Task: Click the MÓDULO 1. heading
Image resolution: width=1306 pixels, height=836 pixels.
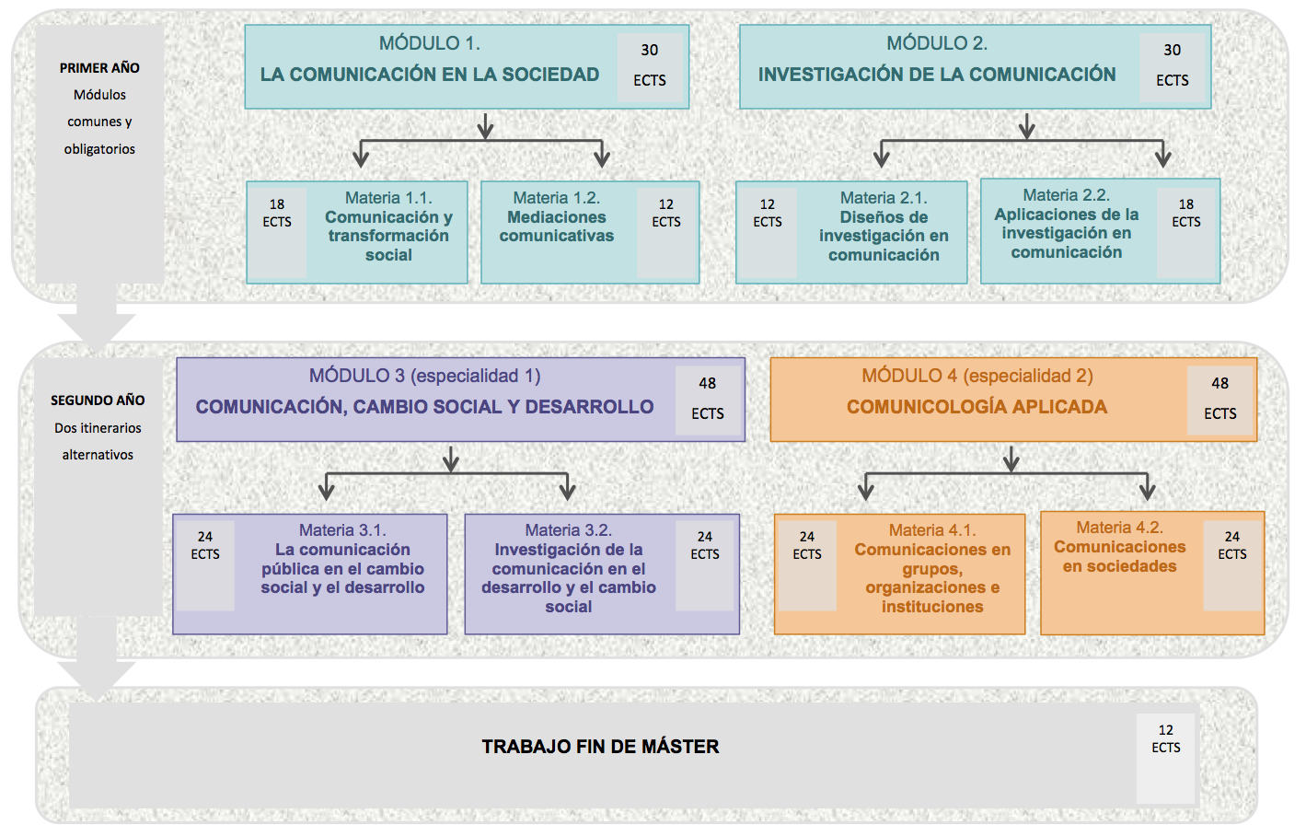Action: (x=429, y=43)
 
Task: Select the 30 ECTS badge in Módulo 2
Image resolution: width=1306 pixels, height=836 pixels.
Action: (x=1172, y=65)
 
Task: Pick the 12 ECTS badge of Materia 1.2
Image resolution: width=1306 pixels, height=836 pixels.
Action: (x=666, y=214)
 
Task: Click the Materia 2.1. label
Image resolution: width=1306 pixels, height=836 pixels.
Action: (x=884, y=198)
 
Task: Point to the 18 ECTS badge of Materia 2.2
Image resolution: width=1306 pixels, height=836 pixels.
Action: (x=1186, y=214)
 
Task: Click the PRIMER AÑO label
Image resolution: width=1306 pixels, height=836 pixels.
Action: (x=99, y=68)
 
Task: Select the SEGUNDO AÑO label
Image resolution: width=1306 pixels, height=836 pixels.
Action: (x=98, y=401)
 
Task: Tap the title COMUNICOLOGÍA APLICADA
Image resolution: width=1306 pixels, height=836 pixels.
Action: (x=977, y=407)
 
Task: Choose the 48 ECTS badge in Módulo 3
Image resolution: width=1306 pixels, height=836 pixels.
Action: (x=707, y=399)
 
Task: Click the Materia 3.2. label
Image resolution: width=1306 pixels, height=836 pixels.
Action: (x=568, y=530)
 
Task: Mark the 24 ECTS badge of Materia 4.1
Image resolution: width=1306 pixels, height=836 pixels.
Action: (x=807, y=546)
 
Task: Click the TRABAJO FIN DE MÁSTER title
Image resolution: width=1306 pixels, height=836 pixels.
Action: (x=600, y=747)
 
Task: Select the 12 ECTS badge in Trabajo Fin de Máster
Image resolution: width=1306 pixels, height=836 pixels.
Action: (x=1165, y=739)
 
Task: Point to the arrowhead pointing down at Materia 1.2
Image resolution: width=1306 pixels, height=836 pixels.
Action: (x=602, y=159)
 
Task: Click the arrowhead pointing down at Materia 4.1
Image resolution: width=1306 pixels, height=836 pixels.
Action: (x=865, y=492)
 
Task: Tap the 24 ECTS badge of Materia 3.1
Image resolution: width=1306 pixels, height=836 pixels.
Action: (x=205, y=546)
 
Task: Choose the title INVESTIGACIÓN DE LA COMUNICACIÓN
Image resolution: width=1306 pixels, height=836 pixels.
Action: (x=936, y=75)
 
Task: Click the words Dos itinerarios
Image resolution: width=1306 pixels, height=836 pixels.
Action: (x=98, y=428)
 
